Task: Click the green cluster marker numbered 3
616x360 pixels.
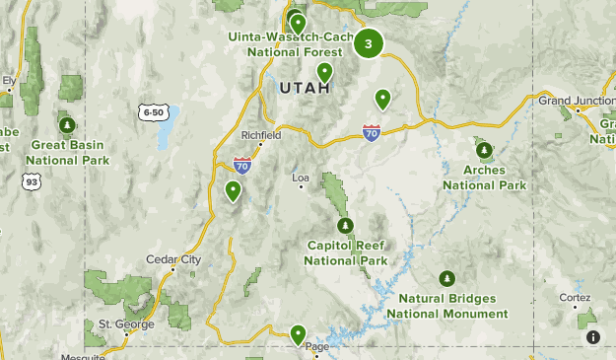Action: tap(369, 43)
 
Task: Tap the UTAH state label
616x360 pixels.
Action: tap(300, 88)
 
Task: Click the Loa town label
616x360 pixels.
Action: tap(301, 179)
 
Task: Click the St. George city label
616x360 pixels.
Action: tap(118, 324)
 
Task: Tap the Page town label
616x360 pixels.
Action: tap(316, 346)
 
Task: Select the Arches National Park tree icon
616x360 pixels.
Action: tap(484, 150)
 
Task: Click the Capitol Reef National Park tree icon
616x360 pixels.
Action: tap(345, 226)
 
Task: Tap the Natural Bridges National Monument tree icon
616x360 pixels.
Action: tap(447, 279)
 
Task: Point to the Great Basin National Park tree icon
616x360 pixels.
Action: tap(66, 126)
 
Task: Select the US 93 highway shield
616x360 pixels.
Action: tap(33, 181)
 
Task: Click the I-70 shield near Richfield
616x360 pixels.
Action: tap(242, 164)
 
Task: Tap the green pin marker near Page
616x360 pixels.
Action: tap(297, 334)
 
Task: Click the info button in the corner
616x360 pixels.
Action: tap(592, 337)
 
